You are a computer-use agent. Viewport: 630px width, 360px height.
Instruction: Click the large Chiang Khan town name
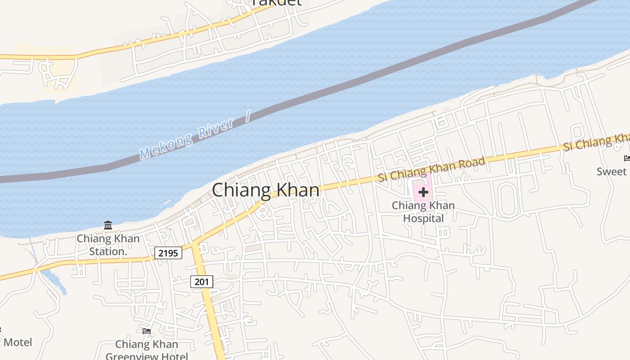coord(265,190)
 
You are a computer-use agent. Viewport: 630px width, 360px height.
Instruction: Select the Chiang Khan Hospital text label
coord(423,212)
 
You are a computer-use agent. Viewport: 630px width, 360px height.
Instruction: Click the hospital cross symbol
coord(423,192)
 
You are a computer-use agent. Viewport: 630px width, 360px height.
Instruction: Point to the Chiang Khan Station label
coord(108,245)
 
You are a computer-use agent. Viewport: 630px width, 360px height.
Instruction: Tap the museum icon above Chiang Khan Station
coord(108,225)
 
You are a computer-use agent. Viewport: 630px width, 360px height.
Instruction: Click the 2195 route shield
coord(168,253)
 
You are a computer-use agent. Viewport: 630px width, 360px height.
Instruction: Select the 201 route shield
coord(202,282)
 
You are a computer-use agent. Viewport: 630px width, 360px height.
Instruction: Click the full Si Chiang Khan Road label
coord(432,169)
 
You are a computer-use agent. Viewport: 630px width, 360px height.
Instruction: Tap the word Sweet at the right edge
coord(612,171)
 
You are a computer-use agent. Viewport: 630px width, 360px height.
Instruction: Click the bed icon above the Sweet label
coord(627,158)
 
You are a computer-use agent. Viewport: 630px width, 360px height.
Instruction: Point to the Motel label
coord(18,342)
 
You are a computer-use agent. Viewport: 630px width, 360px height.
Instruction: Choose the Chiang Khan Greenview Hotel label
coord(147,350)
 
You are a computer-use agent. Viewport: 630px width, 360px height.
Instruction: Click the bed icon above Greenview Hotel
coord(147,331)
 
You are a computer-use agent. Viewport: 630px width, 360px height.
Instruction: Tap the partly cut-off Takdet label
coord(276,3)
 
